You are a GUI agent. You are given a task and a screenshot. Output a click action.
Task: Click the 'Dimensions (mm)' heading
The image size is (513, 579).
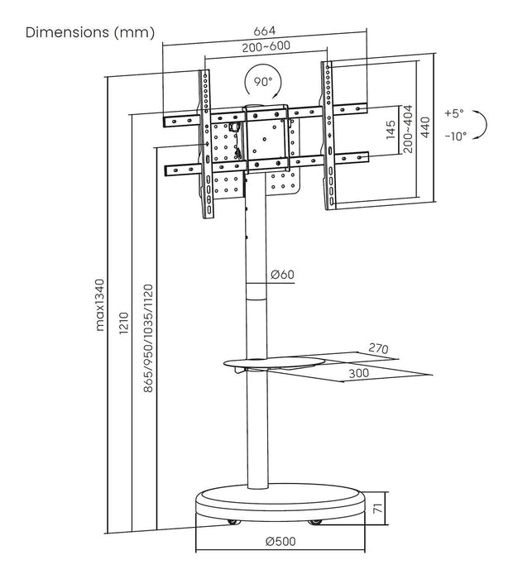(x=90, y=33)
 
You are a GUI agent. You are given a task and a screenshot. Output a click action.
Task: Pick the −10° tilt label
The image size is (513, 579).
(x=454, y=136)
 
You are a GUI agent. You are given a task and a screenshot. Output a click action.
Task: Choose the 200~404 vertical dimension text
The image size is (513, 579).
(x=409, y=132)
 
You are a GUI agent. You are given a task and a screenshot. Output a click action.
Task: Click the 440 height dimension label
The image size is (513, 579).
(x=425, y=128)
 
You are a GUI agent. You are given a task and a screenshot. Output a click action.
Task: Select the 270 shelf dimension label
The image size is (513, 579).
(x=379, y=348)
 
